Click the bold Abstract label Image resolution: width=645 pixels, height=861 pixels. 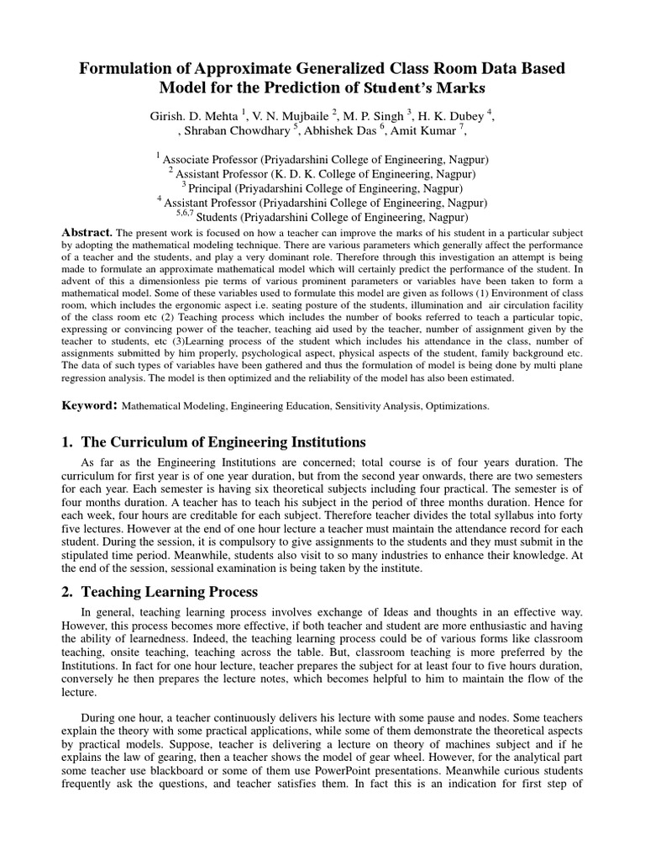(x=87, y=231)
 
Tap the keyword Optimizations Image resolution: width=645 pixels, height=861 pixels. (x=457, y=406)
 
